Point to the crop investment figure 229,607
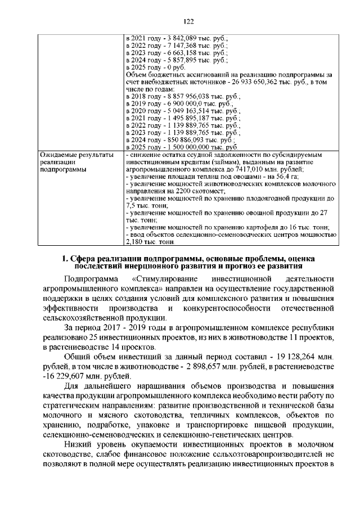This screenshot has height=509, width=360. pos(71,377)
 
